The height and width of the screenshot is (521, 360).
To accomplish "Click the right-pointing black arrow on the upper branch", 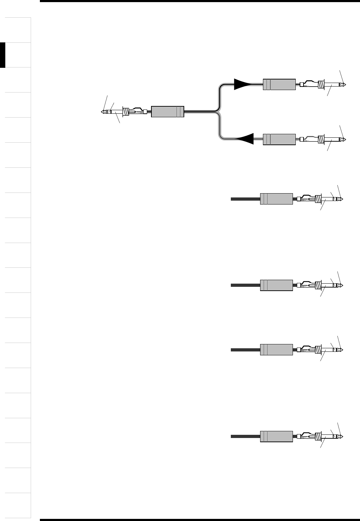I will click(242, 84).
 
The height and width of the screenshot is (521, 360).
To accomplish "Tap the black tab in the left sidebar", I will click(3, 55).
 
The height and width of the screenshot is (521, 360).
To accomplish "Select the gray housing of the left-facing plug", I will click(168, 112).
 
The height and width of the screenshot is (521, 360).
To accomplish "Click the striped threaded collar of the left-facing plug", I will click(126, 112).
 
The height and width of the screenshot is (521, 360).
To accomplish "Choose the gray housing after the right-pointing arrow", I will click(279, 84).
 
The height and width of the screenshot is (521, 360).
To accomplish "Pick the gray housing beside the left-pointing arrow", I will click(279, 139).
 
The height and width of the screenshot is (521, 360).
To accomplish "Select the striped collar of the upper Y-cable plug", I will click(321, 85).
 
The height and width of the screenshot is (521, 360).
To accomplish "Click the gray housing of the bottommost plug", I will click(276, 436).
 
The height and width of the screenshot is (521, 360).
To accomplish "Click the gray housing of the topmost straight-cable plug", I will click(276, 199).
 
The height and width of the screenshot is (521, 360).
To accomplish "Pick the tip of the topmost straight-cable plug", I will click(341, 199).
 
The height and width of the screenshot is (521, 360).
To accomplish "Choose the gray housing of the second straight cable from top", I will click(276, 285).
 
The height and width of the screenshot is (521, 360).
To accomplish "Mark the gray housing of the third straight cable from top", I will click(276, 349).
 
